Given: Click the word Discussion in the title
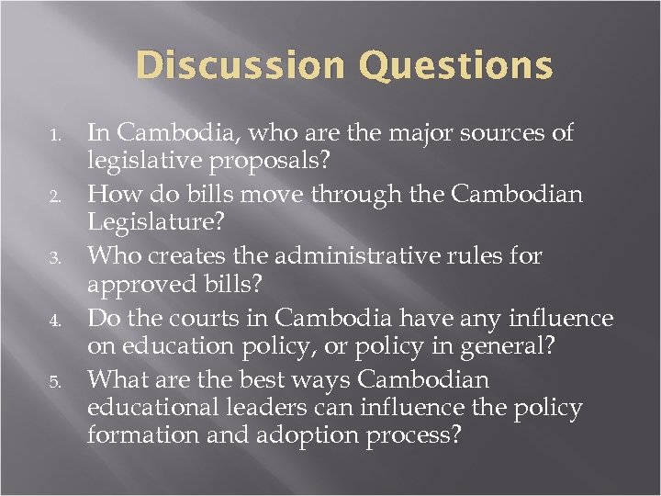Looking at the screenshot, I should tap(240, 66).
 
